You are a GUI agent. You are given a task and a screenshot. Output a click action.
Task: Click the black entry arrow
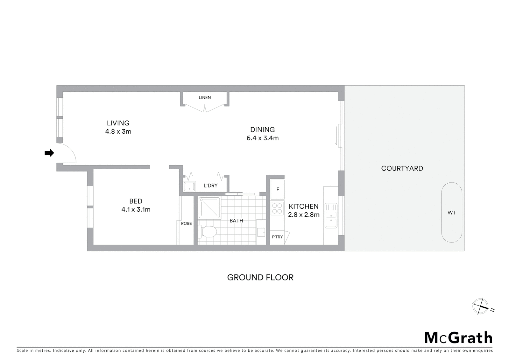pyautogui.click(x=49, y=153)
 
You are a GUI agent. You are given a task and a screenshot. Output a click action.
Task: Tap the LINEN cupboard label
pyautogui.click(x=205, y=98)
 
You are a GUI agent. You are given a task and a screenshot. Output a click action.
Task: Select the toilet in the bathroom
pyautogui.click(x=208, y=232)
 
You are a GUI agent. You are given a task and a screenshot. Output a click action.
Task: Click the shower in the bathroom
pyautogui.click(x=209, y=208)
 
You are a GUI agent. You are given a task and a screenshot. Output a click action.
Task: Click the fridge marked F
pyautogui.click(x=277, y=189)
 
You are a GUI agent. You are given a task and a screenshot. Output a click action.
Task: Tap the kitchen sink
pyautogui.click(x=331, y=215)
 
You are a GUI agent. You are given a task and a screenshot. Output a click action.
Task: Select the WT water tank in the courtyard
pyautogui.click(x=452, y=212)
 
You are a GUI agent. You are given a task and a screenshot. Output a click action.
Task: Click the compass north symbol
pyautogui.click(x=480, y=306)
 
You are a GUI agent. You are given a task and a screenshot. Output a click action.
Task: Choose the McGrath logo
pyautogui.click(x=458, y=338)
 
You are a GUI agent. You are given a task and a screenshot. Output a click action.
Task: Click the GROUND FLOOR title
pyautogui.click(x=260, y=277)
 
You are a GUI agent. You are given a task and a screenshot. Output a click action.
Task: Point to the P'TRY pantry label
pyautogui.click(x=277, y=237)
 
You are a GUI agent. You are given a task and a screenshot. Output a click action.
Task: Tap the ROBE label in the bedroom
pyautogui.click(x=186, y=223)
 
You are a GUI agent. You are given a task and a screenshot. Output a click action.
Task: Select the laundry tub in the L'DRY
pyautogui.click(x=189, y=186)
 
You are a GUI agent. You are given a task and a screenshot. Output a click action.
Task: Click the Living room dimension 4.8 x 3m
pyautogui.click(x=118, y=131)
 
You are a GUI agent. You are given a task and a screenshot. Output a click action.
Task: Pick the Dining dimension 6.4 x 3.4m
pyautogui.click(x=262, y=138)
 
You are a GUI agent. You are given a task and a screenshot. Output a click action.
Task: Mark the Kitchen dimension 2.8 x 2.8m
pyautogui.click(x=303, y=215)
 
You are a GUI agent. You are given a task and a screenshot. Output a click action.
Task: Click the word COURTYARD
pyautogui.click(x=402, y=168)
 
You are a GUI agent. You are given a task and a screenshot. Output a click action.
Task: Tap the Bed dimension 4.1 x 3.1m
pyautogui.click(x=136, y=210)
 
